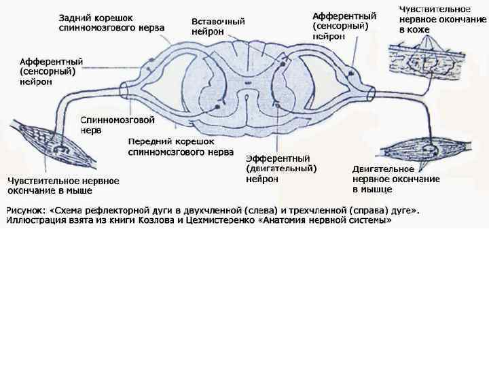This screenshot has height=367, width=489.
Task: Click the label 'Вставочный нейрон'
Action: pyautogui.click(x=218, y=26)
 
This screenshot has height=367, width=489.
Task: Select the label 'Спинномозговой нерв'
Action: pyautogui.click(x=117, y=125)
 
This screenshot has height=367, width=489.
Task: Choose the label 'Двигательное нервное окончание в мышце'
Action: pyautogui.click(x=396, y=179)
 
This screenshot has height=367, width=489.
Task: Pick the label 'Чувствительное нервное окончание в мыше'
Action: pyautogui.click(x=63, y=186)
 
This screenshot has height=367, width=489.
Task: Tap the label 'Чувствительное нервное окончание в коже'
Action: pyautogui.click(x=433, y=19)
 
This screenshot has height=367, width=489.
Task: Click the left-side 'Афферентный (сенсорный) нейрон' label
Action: pyautogui.click(x=48, y=70)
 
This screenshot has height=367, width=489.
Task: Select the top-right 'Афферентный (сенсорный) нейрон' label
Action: pyautogui.click(x=344, y=25)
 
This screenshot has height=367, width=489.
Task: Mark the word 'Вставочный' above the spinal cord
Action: pyautogui.click(x=218, y=21)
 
